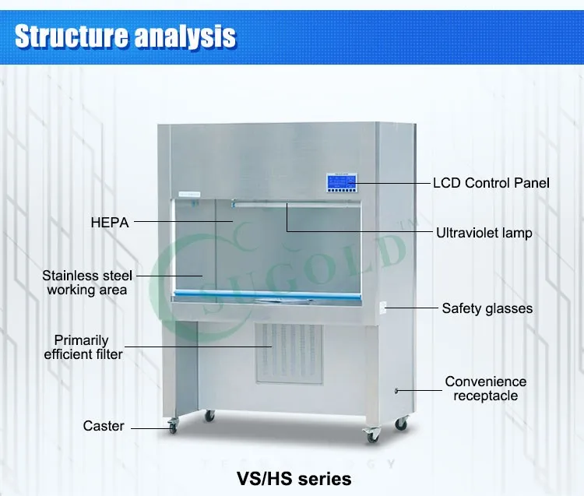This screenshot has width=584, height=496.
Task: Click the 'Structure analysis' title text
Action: pos(125,36)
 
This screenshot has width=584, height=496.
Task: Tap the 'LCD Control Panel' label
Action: pos(491,183)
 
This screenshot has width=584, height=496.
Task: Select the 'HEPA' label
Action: pos(109,223)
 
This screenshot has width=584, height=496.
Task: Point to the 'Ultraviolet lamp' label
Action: pos(484,233)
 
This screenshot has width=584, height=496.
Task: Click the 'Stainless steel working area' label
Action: pos(87,283)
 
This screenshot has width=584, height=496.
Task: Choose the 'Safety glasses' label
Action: pos(487,308)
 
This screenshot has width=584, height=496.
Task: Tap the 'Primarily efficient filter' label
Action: pos(83,347)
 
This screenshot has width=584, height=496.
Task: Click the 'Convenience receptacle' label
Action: pos(485,389)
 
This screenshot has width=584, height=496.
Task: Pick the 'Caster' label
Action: pos(104,427)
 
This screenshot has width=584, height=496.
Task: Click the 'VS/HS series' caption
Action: pos(294,477)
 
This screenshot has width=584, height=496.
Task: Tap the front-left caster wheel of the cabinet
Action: pos(172,425)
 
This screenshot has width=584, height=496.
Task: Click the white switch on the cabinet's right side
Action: pos(382,308)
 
